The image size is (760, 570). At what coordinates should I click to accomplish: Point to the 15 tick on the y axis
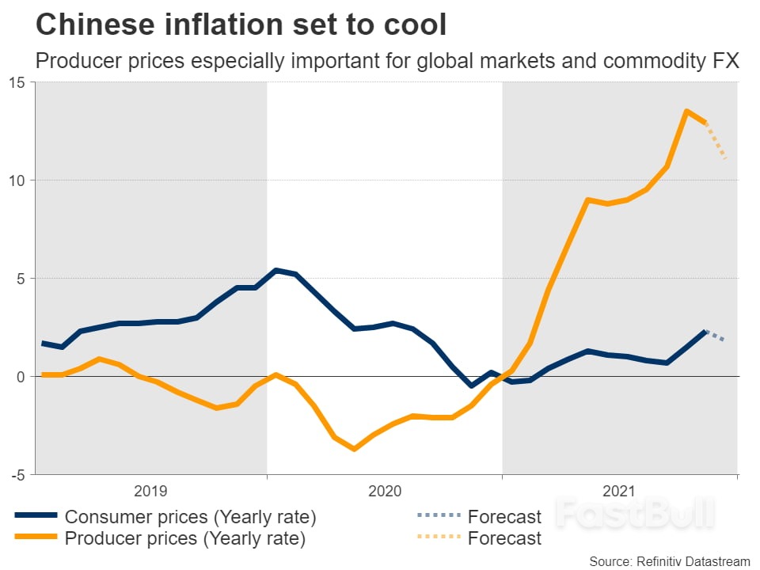[17, 82]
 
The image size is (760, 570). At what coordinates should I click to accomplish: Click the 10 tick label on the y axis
[17, 180]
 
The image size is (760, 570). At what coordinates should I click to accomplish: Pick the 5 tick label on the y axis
[21, 279]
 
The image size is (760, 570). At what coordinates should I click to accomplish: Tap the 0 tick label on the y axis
[21, 377]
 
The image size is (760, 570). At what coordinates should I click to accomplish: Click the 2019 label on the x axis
[150, 492]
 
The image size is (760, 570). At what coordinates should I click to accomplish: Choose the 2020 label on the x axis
[385, 492]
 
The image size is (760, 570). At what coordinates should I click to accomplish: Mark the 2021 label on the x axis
[620, 492]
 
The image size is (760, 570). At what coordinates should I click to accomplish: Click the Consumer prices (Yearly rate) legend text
[190, 518]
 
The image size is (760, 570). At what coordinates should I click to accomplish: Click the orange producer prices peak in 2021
[686, 111]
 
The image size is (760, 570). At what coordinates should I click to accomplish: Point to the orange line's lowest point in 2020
[354, 449]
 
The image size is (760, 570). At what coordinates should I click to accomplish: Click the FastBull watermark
[633, 512]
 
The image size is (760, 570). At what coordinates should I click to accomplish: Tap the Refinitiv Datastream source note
[669, 560]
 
